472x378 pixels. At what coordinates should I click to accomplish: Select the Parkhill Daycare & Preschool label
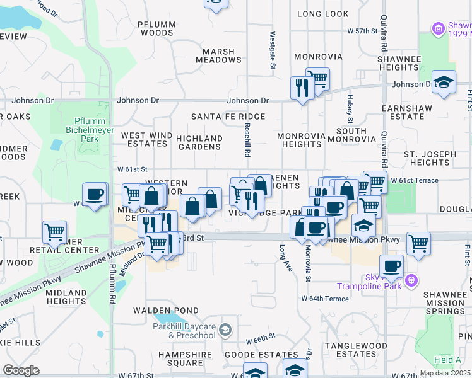click(x=184, y=330)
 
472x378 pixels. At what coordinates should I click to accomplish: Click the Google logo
click(x=21, y=370)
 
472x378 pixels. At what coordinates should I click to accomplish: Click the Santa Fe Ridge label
click(x=228, y=117)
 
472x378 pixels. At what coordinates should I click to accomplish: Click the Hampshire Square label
click(x=180, y=358)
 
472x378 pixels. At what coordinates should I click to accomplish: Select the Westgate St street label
click(x=273, y=50)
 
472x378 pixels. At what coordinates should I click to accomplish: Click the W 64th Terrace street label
click(x=324, y=298)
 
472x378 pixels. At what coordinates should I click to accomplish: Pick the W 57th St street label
click(x=362, y=30)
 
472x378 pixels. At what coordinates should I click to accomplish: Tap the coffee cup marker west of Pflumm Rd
click(x=95, y=195)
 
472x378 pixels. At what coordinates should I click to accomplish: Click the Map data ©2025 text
click(x=445, y=373)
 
